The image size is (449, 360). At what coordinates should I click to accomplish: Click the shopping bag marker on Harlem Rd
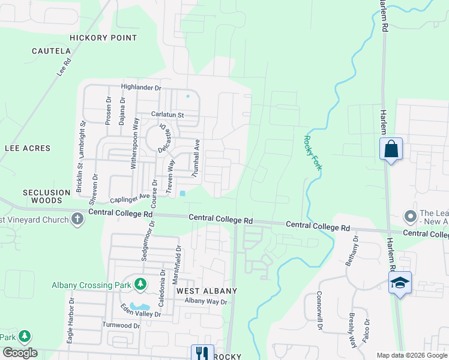click(x=391, y=149)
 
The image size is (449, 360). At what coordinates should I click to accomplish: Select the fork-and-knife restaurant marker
click(x=202, y=353)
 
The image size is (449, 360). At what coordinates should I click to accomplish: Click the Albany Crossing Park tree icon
click(x=140, y=284)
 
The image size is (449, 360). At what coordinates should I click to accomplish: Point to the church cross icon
click(x=77, y=220)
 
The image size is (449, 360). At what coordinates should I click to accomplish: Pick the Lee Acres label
click(x=28, y=148)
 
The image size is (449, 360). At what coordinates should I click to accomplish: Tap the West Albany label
click(x=206, y=291)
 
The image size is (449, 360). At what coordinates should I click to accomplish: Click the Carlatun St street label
click(x=167, y=114)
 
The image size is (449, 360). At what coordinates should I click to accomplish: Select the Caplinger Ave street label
click(x=130, y=197)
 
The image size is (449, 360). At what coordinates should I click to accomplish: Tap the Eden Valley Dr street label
click(x=141, y=310)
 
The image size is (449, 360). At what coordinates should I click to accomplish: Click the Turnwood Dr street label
click(x=121, y=326)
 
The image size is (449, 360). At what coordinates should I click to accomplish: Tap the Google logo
click(x=20, y=353)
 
